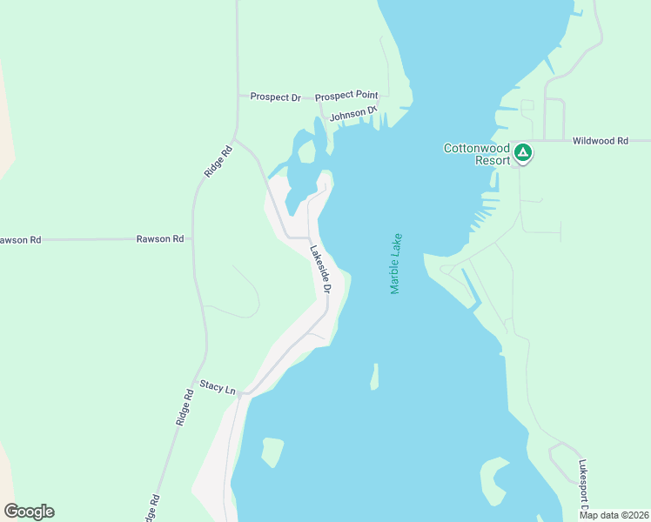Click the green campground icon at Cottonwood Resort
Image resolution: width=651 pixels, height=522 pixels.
point(522,154)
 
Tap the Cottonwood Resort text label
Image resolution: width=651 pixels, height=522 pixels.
point(476,154)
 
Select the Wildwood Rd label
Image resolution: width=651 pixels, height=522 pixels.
point(600,140)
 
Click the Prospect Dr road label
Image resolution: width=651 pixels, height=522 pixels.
point(275,97)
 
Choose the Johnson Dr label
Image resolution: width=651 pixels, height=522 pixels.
point(353,114)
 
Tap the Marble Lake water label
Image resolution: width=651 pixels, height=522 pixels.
point(396,264)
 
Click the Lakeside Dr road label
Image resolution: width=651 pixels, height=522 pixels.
point(321,268)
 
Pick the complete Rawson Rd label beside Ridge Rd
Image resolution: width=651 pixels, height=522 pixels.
point(160,238)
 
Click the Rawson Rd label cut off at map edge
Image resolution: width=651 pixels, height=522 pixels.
point(19,239)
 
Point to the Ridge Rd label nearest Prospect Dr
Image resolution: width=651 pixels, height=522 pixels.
point(219,162)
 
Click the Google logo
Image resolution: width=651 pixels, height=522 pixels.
point(29,512)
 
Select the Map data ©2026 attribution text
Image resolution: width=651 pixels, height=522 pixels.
point(614,515)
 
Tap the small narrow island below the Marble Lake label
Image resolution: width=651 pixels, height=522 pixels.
point(374,377)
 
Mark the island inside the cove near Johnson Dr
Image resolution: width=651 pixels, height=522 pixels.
point(306,151)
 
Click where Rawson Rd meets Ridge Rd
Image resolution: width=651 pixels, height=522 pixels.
point(193,238)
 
